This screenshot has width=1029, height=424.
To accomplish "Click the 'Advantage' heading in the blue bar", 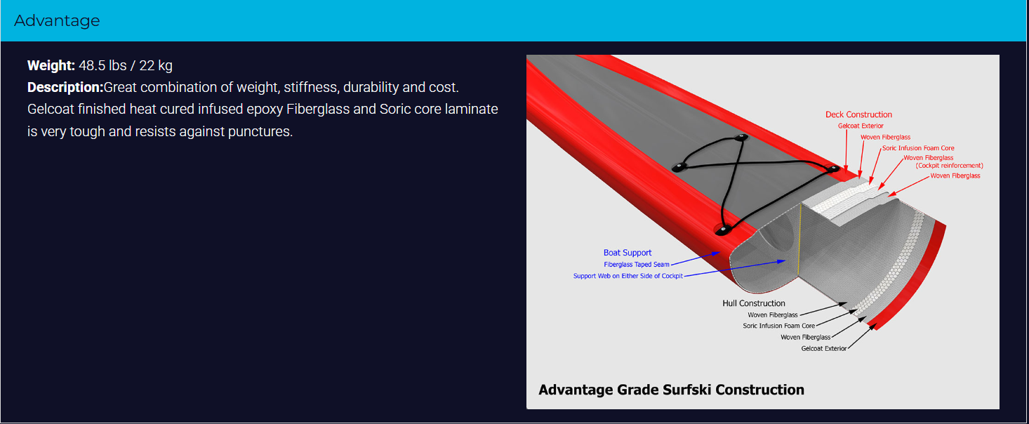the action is (57, 20).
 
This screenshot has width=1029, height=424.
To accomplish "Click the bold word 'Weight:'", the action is (51, 66).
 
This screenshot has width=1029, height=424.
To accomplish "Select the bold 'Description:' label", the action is (65, 87).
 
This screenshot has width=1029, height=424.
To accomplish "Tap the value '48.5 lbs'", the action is (102, 66).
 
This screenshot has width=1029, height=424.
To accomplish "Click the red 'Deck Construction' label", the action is (858, 114).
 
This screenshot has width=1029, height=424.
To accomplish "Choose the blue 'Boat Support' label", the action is (627, 253).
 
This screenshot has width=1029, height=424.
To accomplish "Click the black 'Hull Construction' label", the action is (753, 303).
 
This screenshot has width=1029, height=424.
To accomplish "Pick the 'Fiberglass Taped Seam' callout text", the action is (636, 265).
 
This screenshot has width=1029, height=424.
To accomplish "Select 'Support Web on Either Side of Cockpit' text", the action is (628, 276).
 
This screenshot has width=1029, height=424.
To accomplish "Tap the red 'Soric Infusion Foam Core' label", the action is (918, 148).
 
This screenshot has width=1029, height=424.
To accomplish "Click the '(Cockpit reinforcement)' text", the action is (949, 166).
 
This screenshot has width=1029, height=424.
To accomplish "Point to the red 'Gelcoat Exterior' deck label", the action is (861, 126).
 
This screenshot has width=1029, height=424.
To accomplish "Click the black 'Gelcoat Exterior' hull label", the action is (823, 349).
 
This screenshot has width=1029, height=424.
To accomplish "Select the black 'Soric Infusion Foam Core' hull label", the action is (778, 326).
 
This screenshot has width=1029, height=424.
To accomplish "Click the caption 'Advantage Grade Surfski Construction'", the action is (671, 390).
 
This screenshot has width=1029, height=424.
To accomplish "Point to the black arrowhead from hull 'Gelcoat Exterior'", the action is (872, 328).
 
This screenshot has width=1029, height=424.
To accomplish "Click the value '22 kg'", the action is (156, 66).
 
